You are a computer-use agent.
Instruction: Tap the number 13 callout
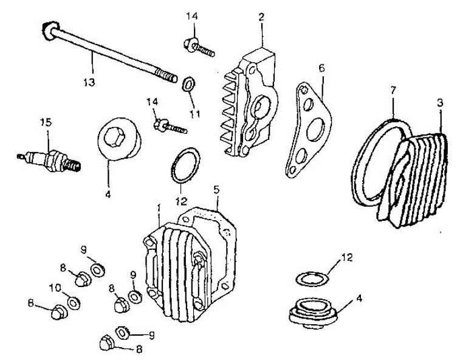[90, 81]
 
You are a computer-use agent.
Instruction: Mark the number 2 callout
[261, 18]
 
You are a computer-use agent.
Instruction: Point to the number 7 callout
[393, 91]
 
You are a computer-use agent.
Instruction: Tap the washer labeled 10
[74, 302]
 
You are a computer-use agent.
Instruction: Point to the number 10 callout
[53, 287]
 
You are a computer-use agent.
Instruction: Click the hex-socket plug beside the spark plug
[119, 139]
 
